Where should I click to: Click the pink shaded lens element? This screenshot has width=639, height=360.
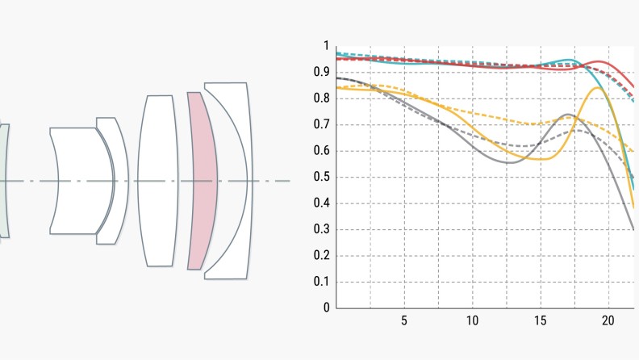click(202, 181)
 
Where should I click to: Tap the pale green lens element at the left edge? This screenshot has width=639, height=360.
click(4, 181)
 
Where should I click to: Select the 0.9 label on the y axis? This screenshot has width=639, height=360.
click(325, 73)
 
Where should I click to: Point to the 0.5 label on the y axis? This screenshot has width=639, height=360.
click(325, 178)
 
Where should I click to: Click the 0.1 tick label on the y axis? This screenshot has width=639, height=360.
click(325, 282)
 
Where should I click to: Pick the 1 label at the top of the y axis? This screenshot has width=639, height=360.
click(327, 46)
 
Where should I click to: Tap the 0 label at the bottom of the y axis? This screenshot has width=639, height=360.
click(327, 308)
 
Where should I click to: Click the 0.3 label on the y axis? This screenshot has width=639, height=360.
click(325, 229)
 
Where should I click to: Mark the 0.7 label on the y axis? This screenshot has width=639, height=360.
click(325, 124)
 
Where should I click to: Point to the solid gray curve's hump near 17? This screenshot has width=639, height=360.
click(568, 115)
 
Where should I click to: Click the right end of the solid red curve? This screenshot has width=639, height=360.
click(633, 86)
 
